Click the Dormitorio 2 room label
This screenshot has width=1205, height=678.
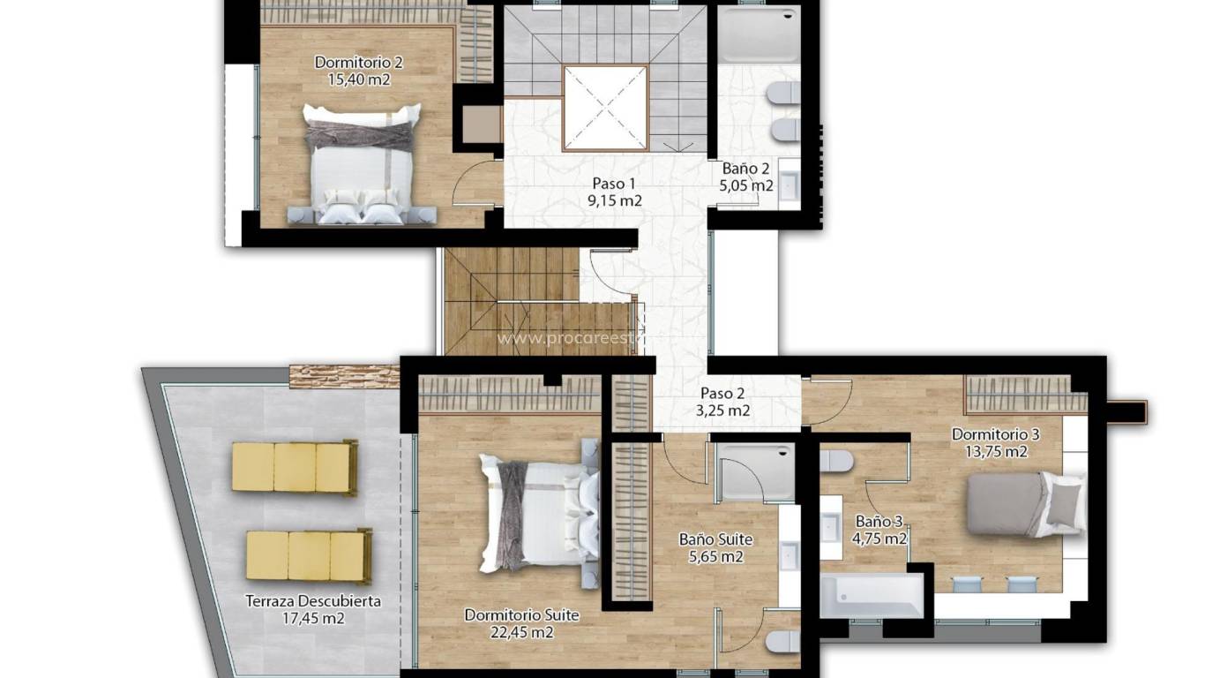[x=359, y=63]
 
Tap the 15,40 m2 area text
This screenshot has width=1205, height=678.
[x=359, y=79]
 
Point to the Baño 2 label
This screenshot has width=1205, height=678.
[x=746, y=169]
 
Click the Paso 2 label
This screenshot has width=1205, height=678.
[x=722, y=394]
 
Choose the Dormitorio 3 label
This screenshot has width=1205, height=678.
[x=995, y=434]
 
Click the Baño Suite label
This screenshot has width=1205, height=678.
[x=715, y=539]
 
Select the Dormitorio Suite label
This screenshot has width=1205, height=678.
[x=521, y=615]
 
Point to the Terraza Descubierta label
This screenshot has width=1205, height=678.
[x=313, y=601]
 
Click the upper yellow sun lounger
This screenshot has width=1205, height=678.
[x=295, y=466]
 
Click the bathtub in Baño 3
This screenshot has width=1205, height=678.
[x=870, y=596]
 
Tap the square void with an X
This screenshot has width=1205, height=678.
[x=605, y=108]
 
